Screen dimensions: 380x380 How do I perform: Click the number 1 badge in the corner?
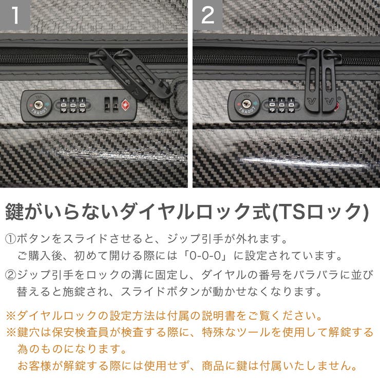15,15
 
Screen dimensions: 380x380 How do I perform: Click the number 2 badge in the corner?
207,15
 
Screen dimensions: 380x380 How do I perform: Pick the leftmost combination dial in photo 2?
271,105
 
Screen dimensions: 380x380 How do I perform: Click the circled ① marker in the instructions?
11,239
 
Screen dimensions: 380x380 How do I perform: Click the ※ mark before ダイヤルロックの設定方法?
11,315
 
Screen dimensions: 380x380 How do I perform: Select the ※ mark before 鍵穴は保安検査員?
11,332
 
